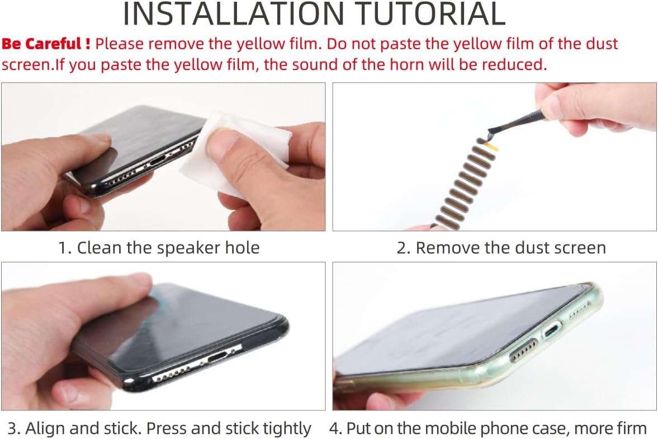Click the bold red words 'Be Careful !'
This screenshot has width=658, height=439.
46,44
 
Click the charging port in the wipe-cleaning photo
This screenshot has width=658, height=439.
159,161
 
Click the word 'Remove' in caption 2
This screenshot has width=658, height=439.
447,248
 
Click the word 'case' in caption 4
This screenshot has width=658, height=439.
551,428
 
